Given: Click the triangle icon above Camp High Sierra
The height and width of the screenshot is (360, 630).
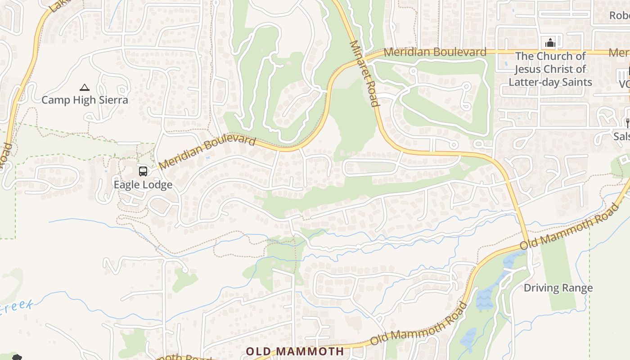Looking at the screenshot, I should click(84, 87).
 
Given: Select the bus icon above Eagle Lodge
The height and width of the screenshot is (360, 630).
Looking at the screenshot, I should click(143, 171).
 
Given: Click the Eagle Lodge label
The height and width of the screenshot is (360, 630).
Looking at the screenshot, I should click(143, 185).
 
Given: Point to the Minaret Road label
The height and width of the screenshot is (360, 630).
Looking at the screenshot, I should click(364, 73).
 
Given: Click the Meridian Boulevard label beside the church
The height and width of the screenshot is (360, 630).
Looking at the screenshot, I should click(435, 52).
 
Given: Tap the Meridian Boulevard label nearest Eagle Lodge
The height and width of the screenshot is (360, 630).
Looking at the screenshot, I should click(207, 153).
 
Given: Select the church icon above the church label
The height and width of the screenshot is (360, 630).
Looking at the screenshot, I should click(550, 43).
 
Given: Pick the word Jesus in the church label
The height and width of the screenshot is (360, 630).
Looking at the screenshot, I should click(529, 69).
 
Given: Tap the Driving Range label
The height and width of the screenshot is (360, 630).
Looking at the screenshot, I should click(558, 288).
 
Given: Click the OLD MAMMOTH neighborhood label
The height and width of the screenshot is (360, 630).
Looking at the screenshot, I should click(295, 351).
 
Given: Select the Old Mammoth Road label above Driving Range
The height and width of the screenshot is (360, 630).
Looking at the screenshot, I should click(569, 227).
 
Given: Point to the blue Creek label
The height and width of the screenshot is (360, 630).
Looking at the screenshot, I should click(17, 308).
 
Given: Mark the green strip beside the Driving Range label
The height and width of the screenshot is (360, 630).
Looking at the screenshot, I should click(560, 270).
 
